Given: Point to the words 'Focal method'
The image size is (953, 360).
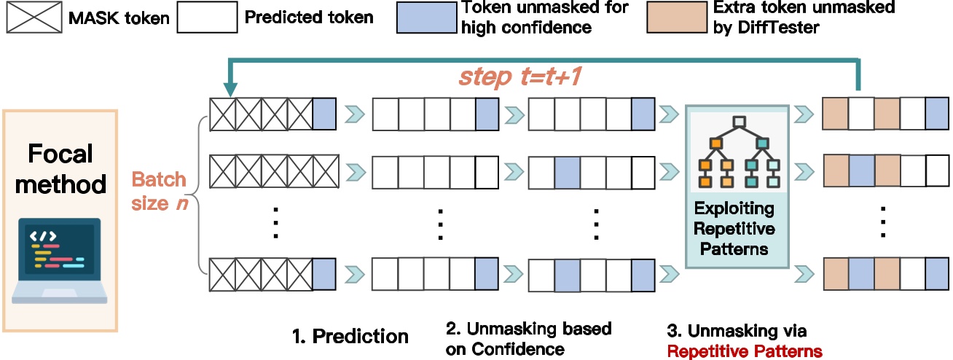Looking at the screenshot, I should click(60, 169).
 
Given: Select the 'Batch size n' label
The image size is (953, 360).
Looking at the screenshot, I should click(159, 192).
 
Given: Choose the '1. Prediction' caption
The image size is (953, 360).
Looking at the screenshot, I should click(350, 336).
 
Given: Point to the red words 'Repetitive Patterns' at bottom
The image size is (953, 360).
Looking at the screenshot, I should click(745, 351).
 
